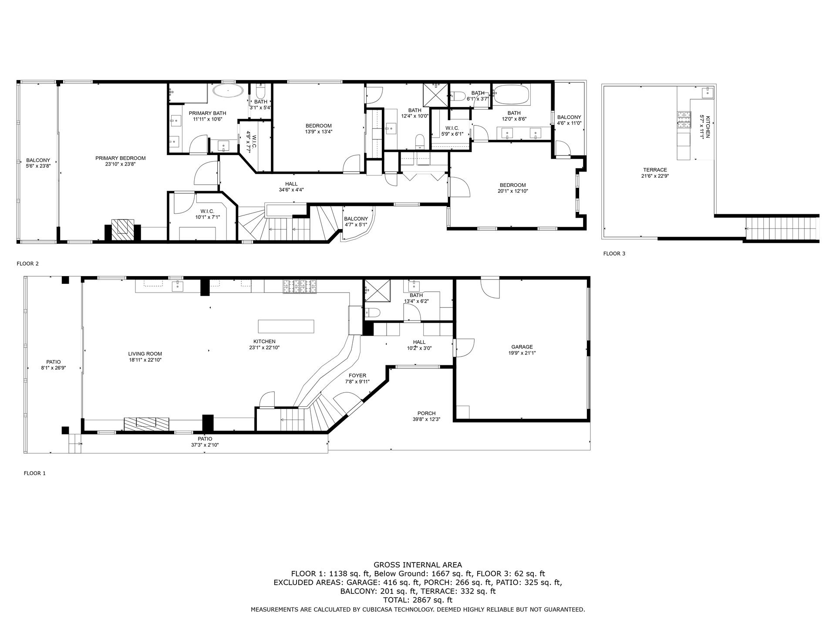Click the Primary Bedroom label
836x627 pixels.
pyautogui.click(x=120, y=158)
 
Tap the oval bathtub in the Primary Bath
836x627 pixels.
pyautogui.click(x=228, y=91)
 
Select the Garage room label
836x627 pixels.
pyautogui.click(x=522, y=347)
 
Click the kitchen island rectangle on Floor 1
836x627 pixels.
pyautogui.click(x=286, y=326)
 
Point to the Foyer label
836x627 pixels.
pyautogui.click(x=357, y=375)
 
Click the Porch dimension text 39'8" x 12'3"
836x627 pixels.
pyautogui.click(x=426, y=419)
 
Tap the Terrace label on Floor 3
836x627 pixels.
pyautogui.click(x=655, y=170)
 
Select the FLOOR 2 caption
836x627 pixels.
pyautogui.click(x=28, y=263)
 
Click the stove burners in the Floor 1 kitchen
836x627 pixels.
pyautogui.click(x=300, y=286)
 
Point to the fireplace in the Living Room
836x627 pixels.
pyautogui.click(x=146, y=424)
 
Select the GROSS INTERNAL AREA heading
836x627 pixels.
pyautogui.click(x=418, y=565)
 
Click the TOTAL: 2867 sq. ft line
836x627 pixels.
pyautogui.click(x=418, y=600)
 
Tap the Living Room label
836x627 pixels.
pyautogui.click(x=145, y=354)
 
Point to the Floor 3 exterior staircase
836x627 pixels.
pyautogui.click(x=782, y=228)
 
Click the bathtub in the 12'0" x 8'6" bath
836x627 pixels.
pyautogui.click(x=512, y=94)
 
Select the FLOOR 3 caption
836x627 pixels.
pyautogui.click(x=614, y=253)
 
